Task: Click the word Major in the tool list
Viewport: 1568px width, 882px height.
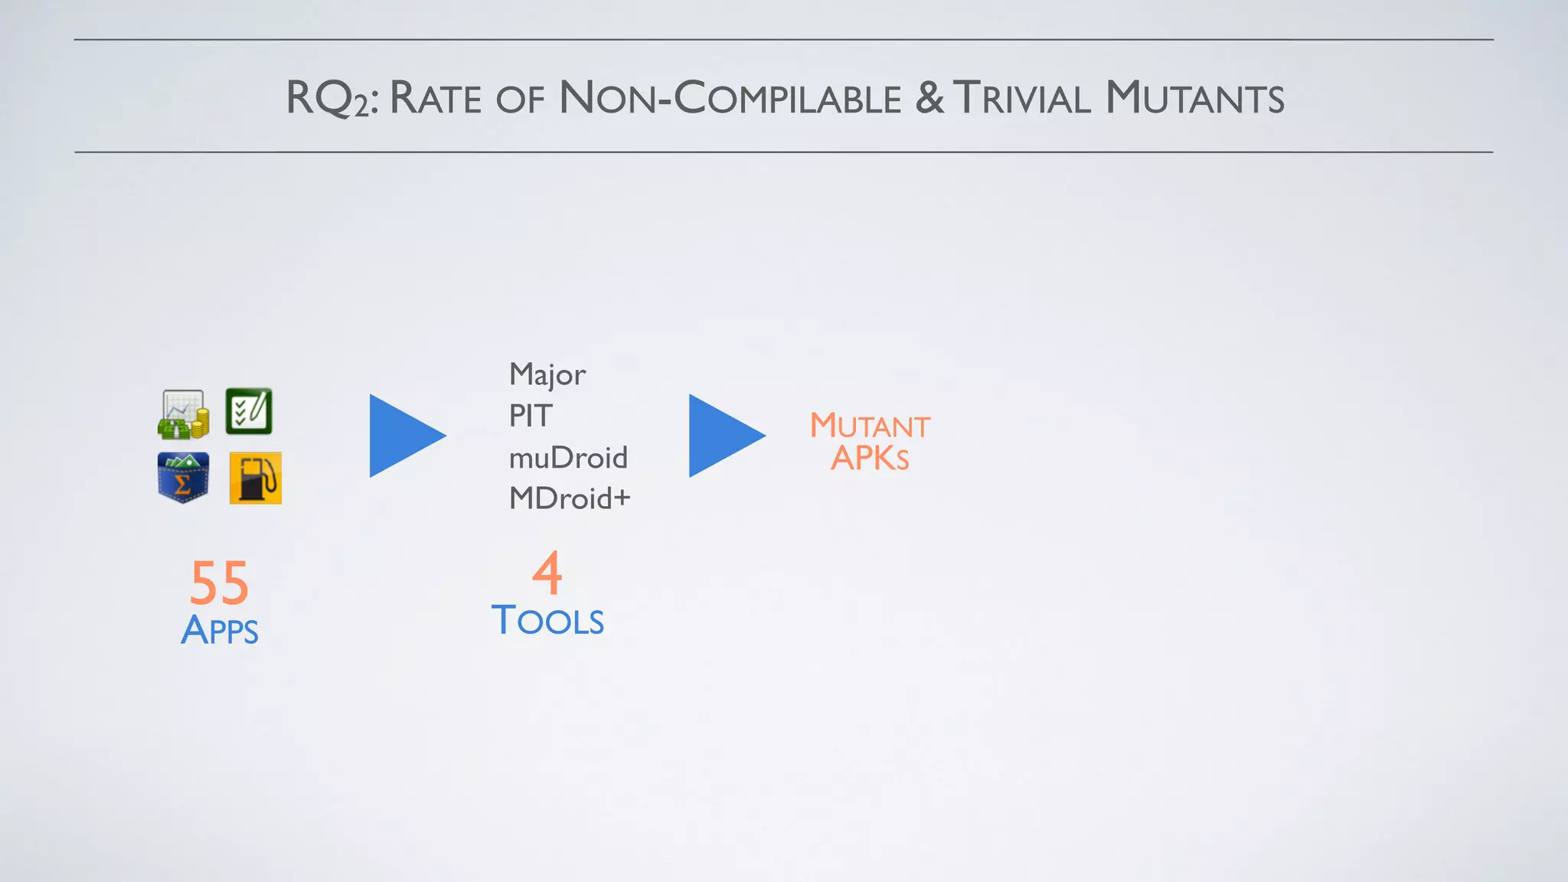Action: point(547,375)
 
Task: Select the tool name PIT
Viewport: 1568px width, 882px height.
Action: point(530,416)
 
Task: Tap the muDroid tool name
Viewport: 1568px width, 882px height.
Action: point(568,458)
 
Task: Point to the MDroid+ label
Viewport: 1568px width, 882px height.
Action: point(570,498)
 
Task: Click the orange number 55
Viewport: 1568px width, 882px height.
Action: point(220,583)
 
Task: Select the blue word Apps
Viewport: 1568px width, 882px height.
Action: point(220,630)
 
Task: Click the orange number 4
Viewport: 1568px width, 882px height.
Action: point(547,573)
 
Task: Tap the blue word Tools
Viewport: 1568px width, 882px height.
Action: point(547,620)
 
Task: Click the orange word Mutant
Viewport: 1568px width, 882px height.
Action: point(870,426)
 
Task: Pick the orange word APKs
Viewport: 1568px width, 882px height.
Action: point(870,459)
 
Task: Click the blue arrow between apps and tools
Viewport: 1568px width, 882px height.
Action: point(404,436)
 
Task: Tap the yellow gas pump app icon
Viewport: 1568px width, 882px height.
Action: point(256,478)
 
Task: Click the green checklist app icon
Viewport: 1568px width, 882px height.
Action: point(249,411)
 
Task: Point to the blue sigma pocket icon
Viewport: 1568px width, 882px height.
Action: point(183,478)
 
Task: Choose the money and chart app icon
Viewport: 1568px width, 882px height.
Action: point(183,414)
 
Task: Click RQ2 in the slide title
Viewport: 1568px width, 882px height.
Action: point(330,99)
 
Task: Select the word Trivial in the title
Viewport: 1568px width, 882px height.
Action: point(1022,99)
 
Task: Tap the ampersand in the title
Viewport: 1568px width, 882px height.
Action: point(929,99)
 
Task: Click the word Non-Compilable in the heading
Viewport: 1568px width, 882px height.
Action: point(730,99)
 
